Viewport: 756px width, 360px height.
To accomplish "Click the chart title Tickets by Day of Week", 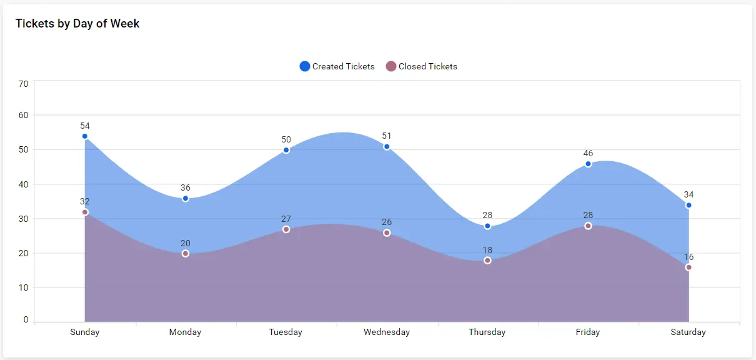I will pyautogui.click(x=77, y=24).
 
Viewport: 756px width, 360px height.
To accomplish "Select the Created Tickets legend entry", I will pyautogui.click(x=337, y=66).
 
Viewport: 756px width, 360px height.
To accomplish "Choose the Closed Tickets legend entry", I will pyautogui.click(x=422, y=66).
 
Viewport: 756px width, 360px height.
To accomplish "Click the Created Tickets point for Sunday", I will pyautogui.click(x=85, y=136).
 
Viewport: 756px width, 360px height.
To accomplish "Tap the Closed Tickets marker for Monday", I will pyautogui.click(x=186, y=253).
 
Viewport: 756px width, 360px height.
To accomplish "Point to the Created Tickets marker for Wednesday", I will pyautogui.click(x=387, y=147).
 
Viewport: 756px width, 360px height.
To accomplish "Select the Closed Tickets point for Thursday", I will pyautogui.click(x=487, y=260).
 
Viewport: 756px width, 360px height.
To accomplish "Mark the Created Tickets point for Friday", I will pyautogui.click(x=588, y=164).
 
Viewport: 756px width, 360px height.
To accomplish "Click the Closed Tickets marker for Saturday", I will pyautogui.click(x=689, y=267).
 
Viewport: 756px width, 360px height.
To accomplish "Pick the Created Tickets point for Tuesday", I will pyautogui.click(x=286, y=150).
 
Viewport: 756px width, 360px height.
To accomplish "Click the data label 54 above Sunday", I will pyautogui.click(x=85, y=126).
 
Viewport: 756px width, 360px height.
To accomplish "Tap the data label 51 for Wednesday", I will pyautogui.click(x=387, y=136).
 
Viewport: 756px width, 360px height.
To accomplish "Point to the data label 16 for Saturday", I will pyautogui.click(x=689, y=257).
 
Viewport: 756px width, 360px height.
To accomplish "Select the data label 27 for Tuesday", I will pyautogui.click(x=286, y=219).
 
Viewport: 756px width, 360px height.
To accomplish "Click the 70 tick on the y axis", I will pyautogui.click(x=23, y=84).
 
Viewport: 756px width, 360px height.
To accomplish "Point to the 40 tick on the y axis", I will pyautogui.click(x=23, y=184).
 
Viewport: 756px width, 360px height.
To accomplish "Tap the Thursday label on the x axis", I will pyautogui.click(x=487, y=332).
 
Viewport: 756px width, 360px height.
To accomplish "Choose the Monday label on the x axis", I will pyautogui.click(x=186, y=332).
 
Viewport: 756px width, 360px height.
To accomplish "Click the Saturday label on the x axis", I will pyautogui.click(x=689, y=332).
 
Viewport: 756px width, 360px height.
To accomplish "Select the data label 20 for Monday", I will pyautogui.click(x=186, y=243).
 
